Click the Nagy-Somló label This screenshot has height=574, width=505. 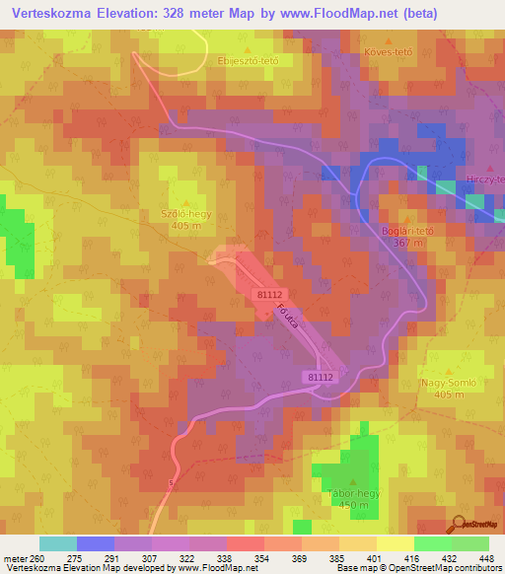(x=426, y=382)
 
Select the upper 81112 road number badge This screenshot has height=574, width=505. (x=269, y=294)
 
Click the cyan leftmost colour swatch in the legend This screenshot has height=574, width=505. (x=57, y=543)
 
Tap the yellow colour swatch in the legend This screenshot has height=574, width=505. (x=395, y=543)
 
